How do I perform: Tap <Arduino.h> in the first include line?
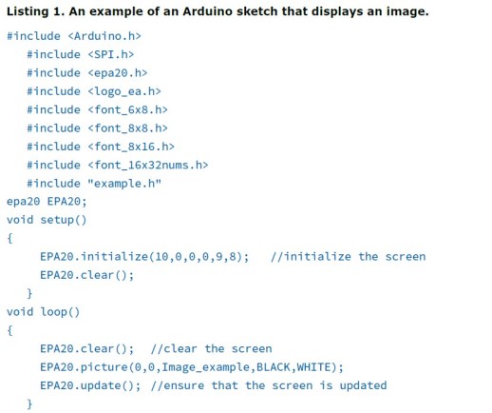(104, 36)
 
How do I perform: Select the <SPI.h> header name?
(111, 54)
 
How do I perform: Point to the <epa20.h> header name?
(118, 72)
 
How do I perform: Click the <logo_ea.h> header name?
(124, 91)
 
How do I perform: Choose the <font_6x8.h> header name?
(127, 109)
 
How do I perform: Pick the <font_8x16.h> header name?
(131, 147)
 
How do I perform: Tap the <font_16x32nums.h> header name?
(148, 165)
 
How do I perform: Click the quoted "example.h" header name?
(124, 184)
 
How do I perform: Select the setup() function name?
(64, 220)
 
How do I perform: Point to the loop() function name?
(60, 312)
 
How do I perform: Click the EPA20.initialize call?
(144, 256)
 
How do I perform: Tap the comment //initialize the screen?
(349, 256)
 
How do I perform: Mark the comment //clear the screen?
(211, 348)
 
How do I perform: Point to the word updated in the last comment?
(363, 385)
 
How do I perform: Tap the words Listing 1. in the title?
(33, 11)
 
